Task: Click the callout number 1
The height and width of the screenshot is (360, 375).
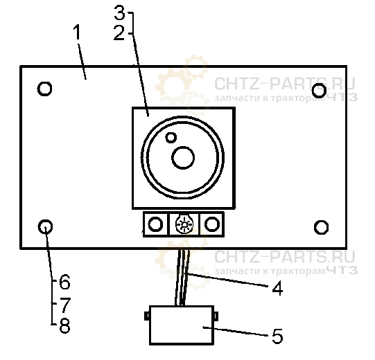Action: (x=77, y=33)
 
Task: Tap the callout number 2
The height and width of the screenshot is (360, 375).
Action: (x=119, y=33)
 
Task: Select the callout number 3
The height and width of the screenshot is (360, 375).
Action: (x=120, y=12)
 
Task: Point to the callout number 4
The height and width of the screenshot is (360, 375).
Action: (x=277, y=288)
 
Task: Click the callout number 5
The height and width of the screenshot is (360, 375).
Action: (x=277, y=336)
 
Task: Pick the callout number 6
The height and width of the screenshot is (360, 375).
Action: (x=64, y=282)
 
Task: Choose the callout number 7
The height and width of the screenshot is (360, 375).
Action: (x=65, y=305)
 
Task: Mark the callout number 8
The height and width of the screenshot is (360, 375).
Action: (x=65, y=325)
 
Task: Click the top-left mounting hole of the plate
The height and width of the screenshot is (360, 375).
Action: (x=45, y=89)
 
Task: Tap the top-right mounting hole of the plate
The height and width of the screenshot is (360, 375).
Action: (x=319, y=90)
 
